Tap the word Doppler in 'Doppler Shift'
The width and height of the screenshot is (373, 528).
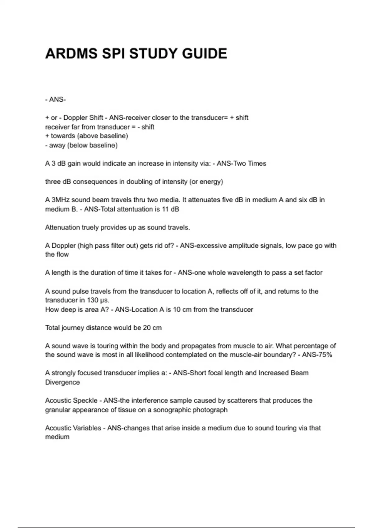coord(75,118)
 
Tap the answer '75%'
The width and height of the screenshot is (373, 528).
coord(325,355)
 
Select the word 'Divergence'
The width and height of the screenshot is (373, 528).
coord(62,382)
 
